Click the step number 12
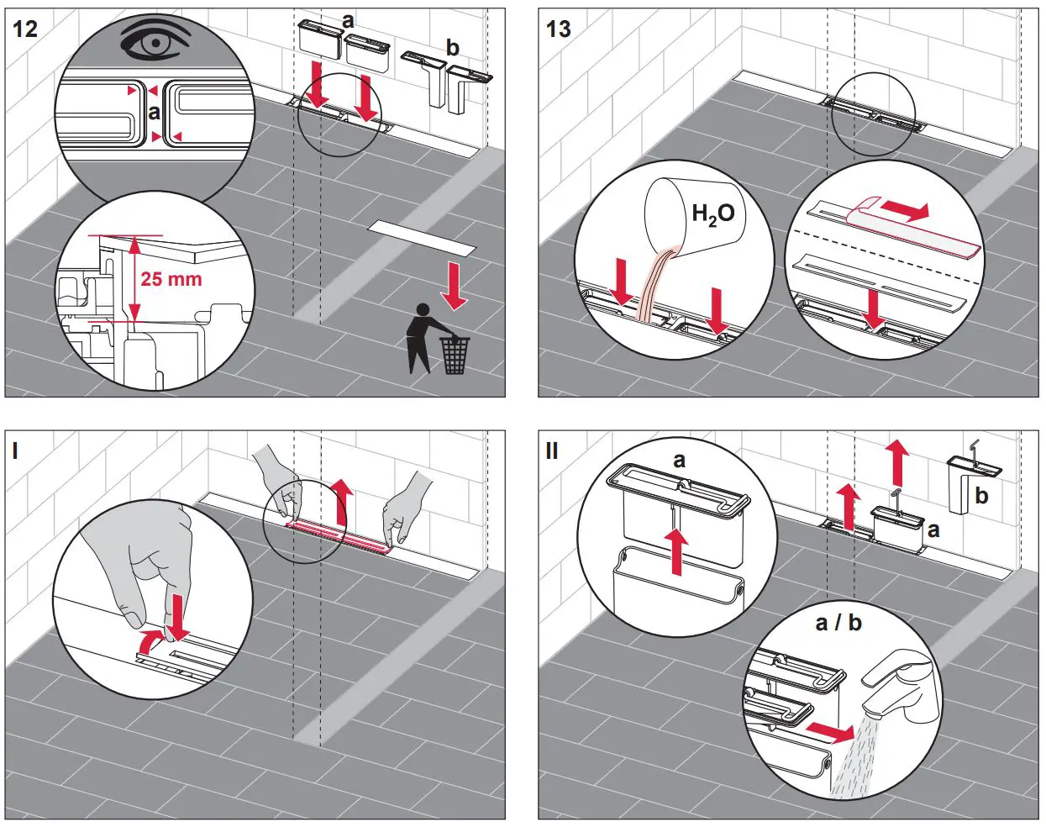25,29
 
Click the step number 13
558,29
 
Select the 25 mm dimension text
171,279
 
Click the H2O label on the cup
712,214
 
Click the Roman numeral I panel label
15,451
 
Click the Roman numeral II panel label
552,451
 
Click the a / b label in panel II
838,623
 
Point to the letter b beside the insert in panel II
981,496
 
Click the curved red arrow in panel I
150,640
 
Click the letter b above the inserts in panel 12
452,48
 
